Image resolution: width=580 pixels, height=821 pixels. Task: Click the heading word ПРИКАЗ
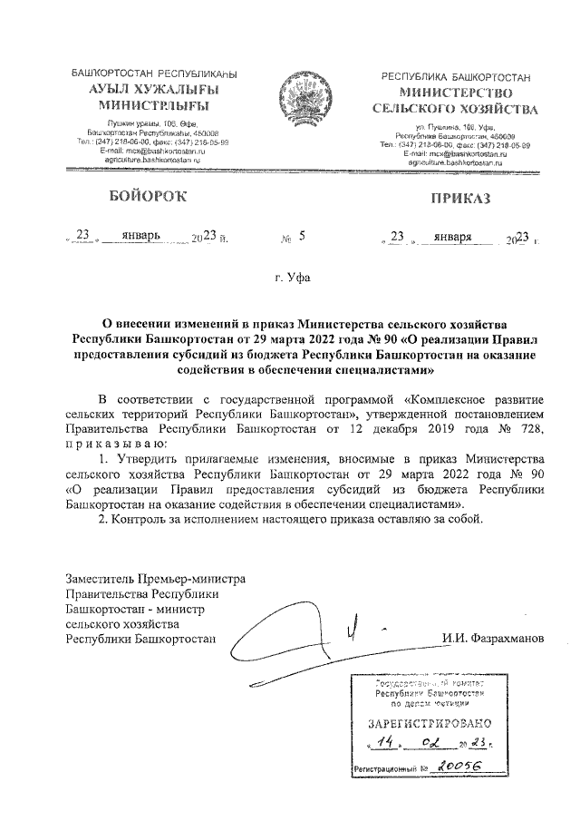pyautogui.click(x=459, y=197)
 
